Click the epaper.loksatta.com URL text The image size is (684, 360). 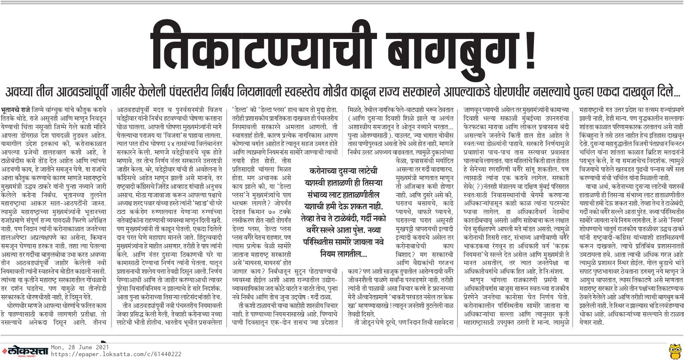click(x=116, y=354)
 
